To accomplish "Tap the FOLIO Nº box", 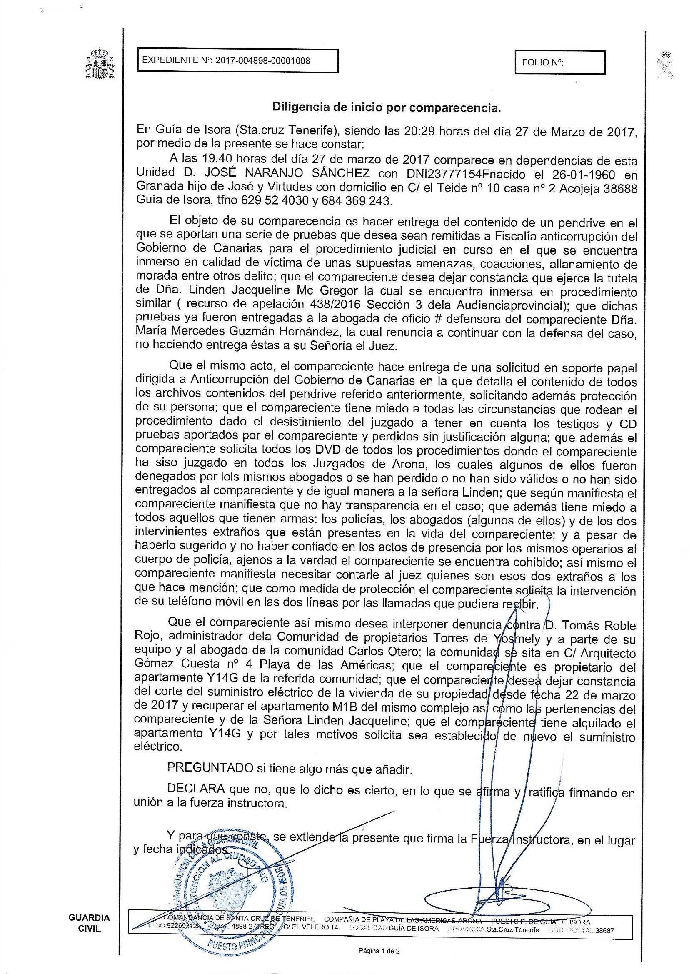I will pyautogui.click(x=559, y=62).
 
